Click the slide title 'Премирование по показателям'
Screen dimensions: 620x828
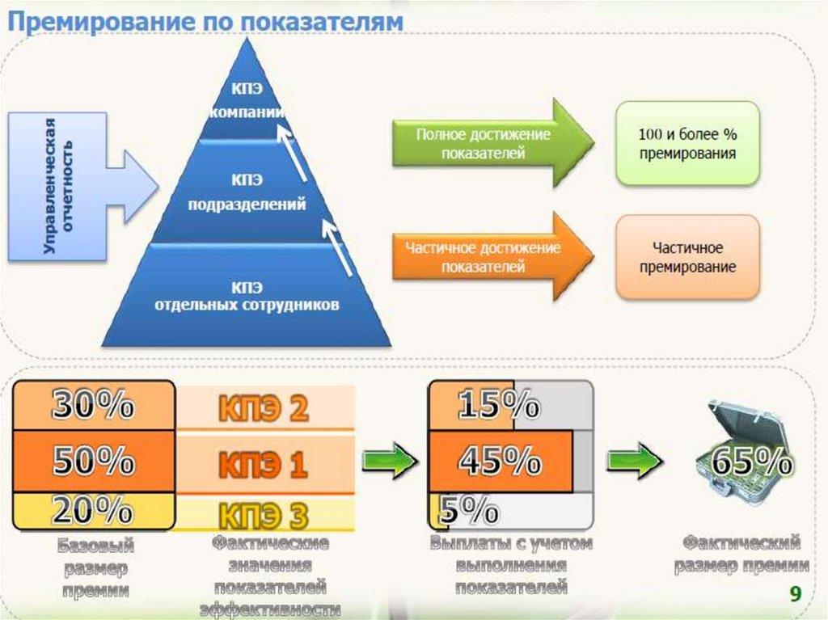coord(205,22)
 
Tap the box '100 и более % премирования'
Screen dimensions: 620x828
coord(687,143)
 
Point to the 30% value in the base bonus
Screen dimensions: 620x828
coord(93,407)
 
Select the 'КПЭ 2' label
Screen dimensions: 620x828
coord(264,410)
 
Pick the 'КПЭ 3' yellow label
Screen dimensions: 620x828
coord(264,513)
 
